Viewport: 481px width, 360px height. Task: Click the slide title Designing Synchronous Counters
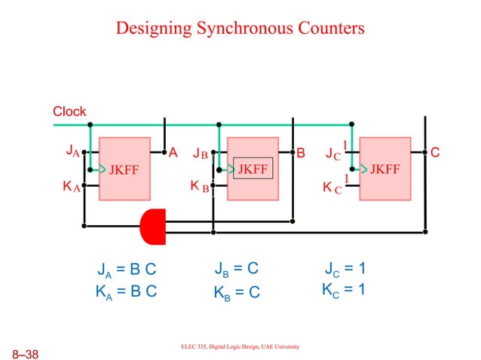[x=240, y=29]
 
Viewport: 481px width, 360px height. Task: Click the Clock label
[x=69, y=111]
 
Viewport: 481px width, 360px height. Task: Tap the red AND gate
[x=153, y=225]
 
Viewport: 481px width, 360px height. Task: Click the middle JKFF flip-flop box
[x=253, y=169]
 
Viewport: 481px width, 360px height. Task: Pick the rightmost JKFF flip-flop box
[x=384, y=169]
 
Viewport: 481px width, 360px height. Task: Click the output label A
[x=173, y=153]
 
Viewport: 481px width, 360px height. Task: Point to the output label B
[x=301, y=154]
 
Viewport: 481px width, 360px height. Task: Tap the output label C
[x=435, y=154]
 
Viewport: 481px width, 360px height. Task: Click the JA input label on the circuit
[x=72, y=153]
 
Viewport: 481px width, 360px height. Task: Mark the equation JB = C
[x=237, y=269]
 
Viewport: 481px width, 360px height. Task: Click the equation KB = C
[x=237, y=291]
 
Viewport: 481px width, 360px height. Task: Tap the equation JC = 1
[x=345, y=269]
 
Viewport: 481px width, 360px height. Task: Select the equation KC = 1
[x=345, y=290]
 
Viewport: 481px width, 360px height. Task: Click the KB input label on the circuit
[x=198, y=186]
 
